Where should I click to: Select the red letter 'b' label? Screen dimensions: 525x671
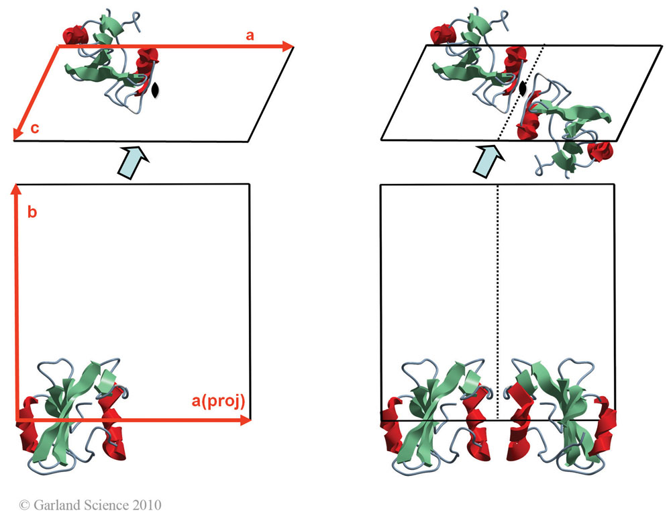32,213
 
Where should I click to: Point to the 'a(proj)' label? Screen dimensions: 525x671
217,401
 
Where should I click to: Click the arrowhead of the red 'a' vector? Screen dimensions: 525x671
289,46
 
